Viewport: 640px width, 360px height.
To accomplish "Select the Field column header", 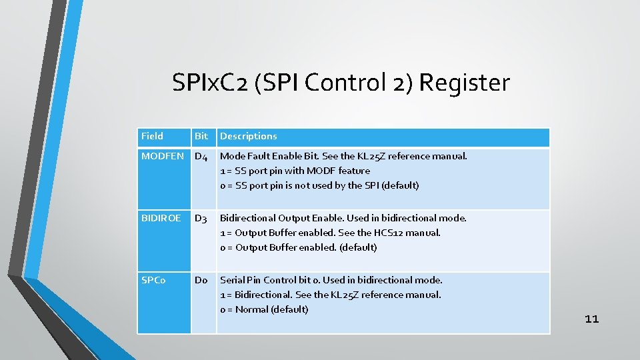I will click(x=153, y=136).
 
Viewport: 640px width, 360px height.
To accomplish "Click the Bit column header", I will click(x=201, y=136).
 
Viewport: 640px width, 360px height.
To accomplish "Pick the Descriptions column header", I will click(x=249, y=136).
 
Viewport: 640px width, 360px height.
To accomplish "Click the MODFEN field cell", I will click(x=163, y=156).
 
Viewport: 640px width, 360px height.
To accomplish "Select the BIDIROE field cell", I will click(x=161, y=218).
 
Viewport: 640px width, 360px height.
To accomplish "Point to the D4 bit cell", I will click(x=201, y=157).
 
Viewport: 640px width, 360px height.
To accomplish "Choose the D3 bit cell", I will click(x=201, y=219).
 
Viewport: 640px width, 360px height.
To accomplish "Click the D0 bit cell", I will click(x=201, y=281).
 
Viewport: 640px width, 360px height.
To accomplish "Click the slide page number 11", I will click(x=592, y=319).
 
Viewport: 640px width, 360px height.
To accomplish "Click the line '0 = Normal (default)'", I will click(x=264, y=309).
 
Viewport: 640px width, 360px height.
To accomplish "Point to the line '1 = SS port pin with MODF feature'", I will click(x=295, y=171).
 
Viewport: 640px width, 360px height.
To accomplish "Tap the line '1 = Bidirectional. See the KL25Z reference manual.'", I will click(x=330, y=295).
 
